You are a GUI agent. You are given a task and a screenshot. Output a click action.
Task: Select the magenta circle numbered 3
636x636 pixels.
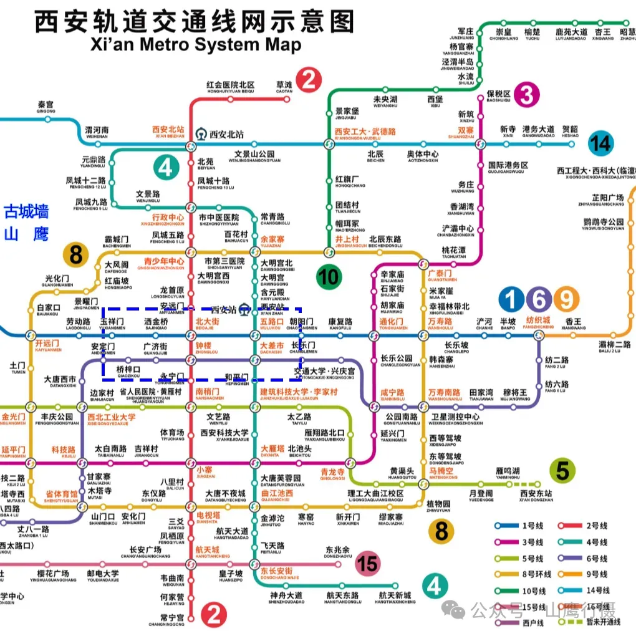pos(527,95)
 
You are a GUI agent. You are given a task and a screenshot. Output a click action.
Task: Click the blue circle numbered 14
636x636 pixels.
pos(600,144)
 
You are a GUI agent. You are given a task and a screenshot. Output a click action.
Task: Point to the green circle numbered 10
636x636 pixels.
pos(329,276)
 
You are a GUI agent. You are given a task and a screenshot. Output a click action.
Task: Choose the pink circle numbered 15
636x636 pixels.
pos(367,565)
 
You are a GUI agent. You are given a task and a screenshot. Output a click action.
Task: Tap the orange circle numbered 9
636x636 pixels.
pos(566,300)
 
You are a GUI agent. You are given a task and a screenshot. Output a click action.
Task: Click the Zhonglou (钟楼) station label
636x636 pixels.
pos(203,348)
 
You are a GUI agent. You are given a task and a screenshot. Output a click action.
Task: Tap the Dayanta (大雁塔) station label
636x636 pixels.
pos(272,450)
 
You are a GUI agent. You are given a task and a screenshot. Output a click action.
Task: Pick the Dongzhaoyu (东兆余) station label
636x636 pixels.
pos(337,553)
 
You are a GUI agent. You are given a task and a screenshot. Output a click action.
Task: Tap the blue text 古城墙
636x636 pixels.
pos(27,212)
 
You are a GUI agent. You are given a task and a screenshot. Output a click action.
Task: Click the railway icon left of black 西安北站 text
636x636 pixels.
pos(201,134)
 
